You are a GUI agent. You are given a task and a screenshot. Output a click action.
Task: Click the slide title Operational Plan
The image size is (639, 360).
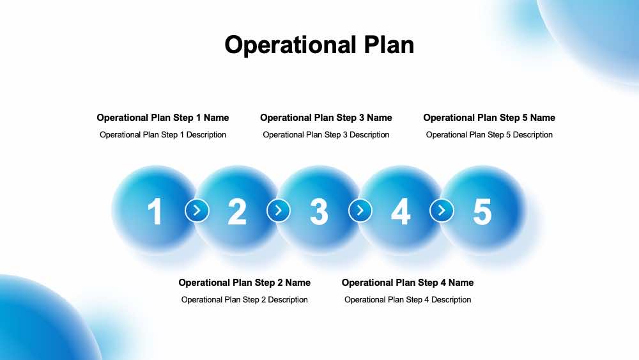[x=319, y=45]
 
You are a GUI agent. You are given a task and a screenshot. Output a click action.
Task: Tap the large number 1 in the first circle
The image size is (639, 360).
[x=155, y=212]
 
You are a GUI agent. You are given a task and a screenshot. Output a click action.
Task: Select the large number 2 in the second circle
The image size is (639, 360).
[x=237, y=212]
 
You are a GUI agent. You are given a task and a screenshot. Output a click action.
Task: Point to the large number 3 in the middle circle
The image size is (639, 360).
[x=319, y=212]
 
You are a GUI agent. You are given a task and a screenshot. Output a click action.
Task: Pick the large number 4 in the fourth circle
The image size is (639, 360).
[x=401, y=212]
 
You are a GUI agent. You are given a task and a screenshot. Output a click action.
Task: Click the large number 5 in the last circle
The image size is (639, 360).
[x=482, y=212]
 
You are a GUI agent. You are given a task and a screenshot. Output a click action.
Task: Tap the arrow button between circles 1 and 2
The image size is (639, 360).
[x=197, y=210]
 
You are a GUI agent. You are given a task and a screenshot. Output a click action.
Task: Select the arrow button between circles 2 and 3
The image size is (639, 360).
[x=279, y=210]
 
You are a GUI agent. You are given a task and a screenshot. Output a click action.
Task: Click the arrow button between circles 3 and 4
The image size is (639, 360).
[x=360, y=210]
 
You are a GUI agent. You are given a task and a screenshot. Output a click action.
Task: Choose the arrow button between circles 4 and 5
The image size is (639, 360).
[x=442, y=210]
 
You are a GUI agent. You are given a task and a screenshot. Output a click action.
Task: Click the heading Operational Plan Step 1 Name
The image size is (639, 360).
[x=163, y=118]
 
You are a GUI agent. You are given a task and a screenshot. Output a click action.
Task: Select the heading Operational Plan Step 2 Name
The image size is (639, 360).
[x=245, y=283]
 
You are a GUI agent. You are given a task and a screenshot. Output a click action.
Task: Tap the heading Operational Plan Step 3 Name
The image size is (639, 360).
[x=326, y=118]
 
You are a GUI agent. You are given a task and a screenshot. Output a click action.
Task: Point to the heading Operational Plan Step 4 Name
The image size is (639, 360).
[x=408, y=283]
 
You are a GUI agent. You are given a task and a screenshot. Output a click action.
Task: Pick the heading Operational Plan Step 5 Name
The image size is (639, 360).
[x=489, y=118]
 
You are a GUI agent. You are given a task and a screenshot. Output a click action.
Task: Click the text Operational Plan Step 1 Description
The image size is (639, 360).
[x=163, y=135]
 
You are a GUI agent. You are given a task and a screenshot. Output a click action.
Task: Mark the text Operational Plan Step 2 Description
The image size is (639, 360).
[x=245, y=300]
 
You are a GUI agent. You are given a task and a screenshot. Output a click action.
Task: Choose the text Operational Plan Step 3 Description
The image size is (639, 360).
[x=326, y=135]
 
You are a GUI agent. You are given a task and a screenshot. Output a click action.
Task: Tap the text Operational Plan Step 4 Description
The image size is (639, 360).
[x=408, y=300]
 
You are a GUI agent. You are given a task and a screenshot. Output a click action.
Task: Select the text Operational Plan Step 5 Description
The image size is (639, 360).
[x=489, y=135]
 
